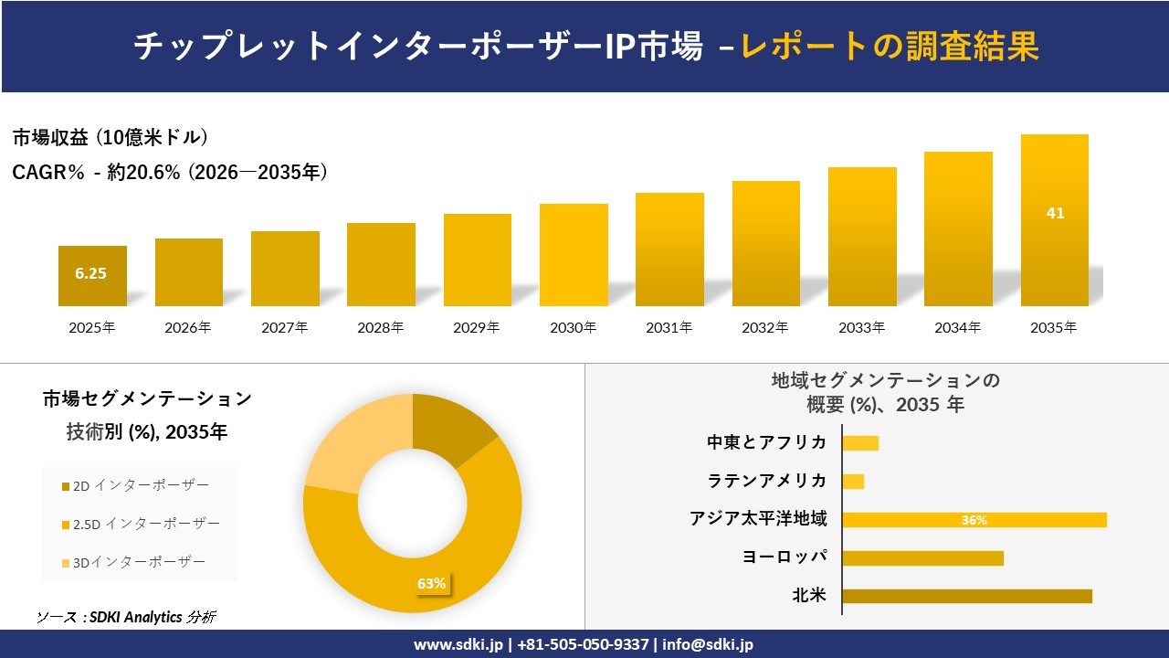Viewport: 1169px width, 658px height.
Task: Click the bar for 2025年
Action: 92,276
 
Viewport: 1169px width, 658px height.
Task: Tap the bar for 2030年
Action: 574,256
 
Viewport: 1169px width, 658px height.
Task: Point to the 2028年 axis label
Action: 381,327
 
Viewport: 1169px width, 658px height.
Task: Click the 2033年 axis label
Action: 862,327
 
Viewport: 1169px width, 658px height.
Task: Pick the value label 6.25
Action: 91,273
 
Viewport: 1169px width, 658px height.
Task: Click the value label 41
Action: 1055,213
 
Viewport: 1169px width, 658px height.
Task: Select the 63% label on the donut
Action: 431,583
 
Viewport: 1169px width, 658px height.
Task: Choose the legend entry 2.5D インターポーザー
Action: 146,524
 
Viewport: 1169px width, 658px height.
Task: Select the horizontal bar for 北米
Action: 966,596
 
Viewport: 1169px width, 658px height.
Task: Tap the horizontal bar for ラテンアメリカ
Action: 853,481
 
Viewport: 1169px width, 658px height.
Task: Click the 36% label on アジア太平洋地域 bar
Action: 974,520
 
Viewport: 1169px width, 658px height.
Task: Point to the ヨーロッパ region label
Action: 785,557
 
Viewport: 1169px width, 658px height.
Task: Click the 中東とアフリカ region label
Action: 766,442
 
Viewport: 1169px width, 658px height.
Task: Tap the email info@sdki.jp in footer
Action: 709,644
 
